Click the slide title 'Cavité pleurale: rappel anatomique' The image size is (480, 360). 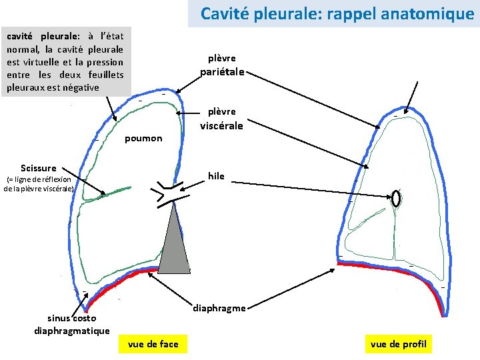click(337, 13)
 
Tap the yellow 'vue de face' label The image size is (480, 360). click(152, 344)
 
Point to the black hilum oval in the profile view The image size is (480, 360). click(396, 198)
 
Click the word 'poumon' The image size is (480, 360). click(143, 138)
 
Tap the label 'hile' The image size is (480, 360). click(216, 176)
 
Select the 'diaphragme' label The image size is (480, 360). click(219, 308)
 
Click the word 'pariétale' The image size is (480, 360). click(222, 71)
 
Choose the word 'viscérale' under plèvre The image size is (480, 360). click(222, 125)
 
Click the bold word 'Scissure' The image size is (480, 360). click(38, 168)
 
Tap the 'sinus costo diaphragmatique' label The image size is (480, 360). click(71, 325)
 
